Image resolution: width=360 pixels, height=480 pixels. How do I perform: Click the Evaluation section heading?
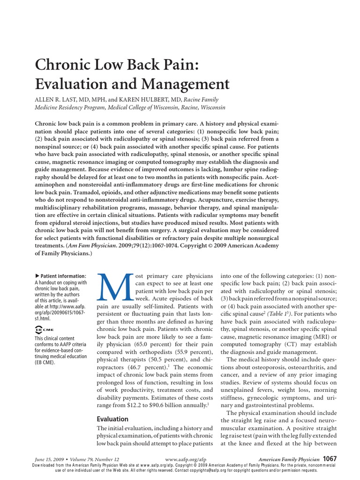click(112, 419)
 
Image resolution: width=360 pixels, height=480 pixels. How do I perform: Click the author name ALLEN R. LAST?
click(64, 99)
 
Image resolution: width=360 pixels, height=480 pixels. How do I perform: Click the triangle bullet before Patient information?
click(37, 276)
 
